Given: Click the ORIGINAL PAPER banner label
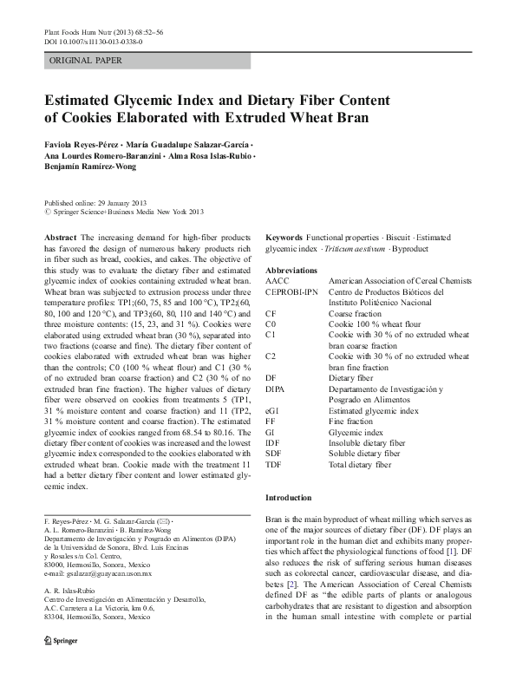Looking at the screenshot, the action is coord(86,61).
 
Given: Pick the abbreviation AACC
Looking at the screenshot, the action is coord(278,282).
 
